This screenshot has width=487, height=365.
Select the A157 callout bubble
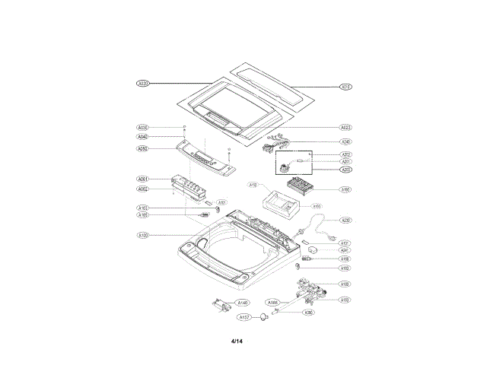pyautogui.click(x=243, y=316)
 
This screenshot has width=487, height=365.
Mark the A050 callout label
pyautogui.click(x=142, y=149)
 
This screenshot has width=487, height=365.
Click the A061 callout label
pyautogui.click(x=142, y=179)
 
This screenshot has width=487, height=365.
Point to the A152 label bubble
pyautogui.click(x=253, y=185)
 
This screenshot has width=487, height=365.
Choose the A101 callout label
pyautogui.click(x=221, y=202)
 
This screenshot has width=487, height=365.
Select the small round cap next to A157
pyautogui.click(x=263, y=316)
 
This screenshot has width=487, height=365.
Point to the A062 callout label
pyautogui.click(x=142, y=189)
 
